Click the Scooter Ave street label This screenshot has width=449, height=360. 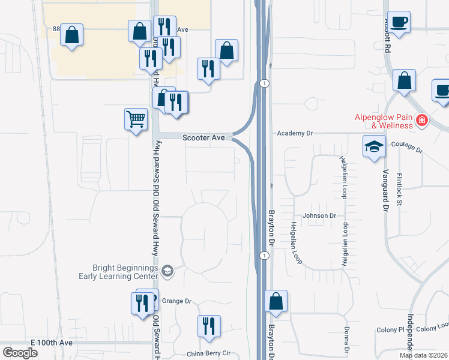coord(203,137)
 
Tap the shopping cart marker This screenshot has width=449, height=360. coord(136,119)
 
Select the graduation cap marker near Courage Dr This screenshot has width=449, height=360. coord(374,146)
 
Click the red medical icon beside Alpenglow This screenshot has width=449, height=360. coord(422,121)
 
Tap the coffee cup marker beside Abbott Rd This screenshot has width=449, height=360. coord(399,23)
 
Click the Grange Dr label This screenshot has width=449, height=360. coord(176,301)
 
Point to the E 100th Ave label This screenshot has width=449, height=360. coord(52,342)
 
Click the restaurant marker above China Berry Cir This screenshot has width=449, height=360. coord(209,326)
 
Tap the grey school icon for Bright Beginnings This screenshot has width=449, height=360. coord(167,272)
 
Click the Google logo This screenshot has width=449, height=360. coord(20,353)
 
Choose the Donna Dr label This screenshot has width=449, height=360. coord(347,340)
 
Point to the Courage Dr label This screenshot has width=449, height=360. coord(407,145)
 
